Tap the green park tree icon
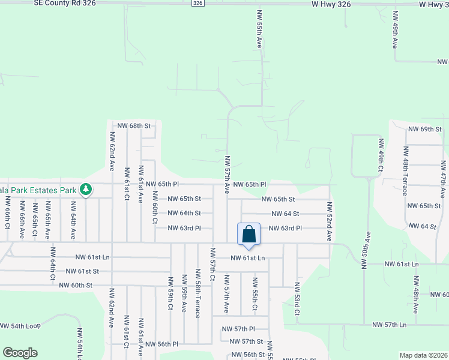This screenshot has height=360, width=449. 86,190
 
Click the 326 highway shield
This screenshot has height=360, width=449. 198,4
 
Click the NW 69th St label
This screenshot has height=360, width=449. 424,129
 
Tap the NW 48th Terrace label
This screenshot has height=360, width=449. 405,177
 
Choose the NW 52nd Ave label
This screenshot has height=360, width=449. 330,221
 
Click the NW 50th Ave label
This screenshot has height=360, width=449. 364,250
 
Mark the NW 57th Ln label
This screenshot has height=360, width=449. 390,325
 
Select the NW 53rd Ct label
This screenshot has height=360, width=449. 297,299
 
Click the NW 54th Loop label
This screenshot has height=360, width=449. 20,326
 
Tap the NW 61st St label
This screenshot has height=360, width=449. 79,271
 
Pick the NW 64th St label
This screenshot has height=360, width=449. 184,213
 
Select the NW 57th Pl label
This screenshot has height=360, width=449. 238,329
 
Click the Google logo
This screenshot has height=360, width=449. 20,353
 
